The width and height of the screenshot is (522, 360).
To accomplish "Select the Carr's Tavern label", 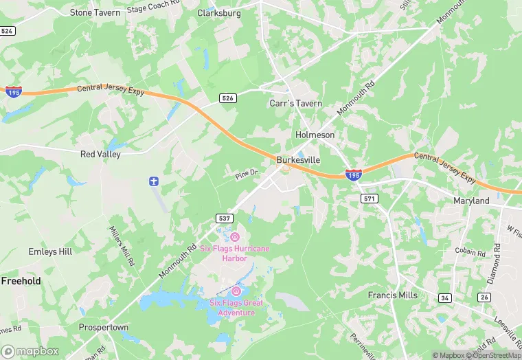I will click(295, 103).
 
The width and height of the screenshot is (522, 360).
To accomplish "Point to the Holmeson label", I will click(315, 135).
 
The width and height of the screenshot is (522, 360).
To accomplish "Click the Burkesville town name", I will click(298, 159).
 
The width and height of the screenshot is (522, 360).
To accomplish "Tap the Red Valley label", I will click(100, 154).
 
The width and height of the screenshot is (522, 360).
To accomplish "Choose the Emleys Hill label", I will click(50, 251).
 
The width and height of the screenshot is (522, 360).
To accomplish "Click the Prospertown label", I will click(103, 327).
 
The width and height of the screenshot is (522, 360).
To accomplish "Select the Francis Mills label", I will click(393, 295).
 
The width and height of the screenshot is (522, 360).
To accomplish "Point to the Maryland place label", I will click(471, 201).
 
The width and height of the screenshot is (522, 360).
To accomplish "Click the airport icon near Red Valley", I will click(154, 181).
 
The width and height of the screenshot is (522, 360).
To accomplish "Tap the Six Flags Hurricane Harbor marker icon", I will click(234, 236).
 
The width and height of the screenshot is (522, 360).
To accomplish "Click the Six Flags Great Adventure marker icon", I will click(236, 291).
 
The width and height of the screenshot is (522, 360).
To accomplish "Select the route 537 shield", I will click(224, 218).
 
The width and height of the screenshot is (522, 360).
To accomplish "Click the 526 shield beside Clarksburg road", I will click(229, 98).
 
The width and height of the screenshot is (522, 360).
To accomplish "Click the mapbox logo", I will click(30, 350).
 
